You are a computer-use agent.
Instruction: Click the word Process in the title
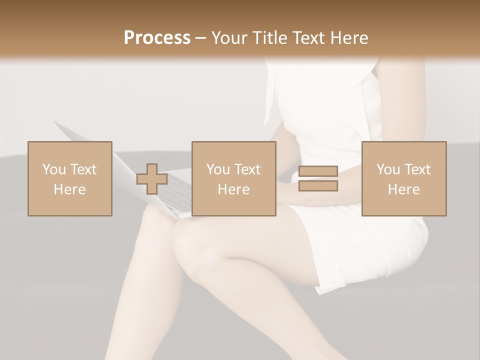coord(157,38)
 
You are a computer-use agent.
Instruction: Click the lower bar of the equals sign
coord(318,186)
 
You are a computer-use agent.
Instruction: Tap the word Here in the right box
coord(403,189)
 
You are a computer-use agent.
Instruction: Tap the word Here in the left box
coord(69,189)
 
